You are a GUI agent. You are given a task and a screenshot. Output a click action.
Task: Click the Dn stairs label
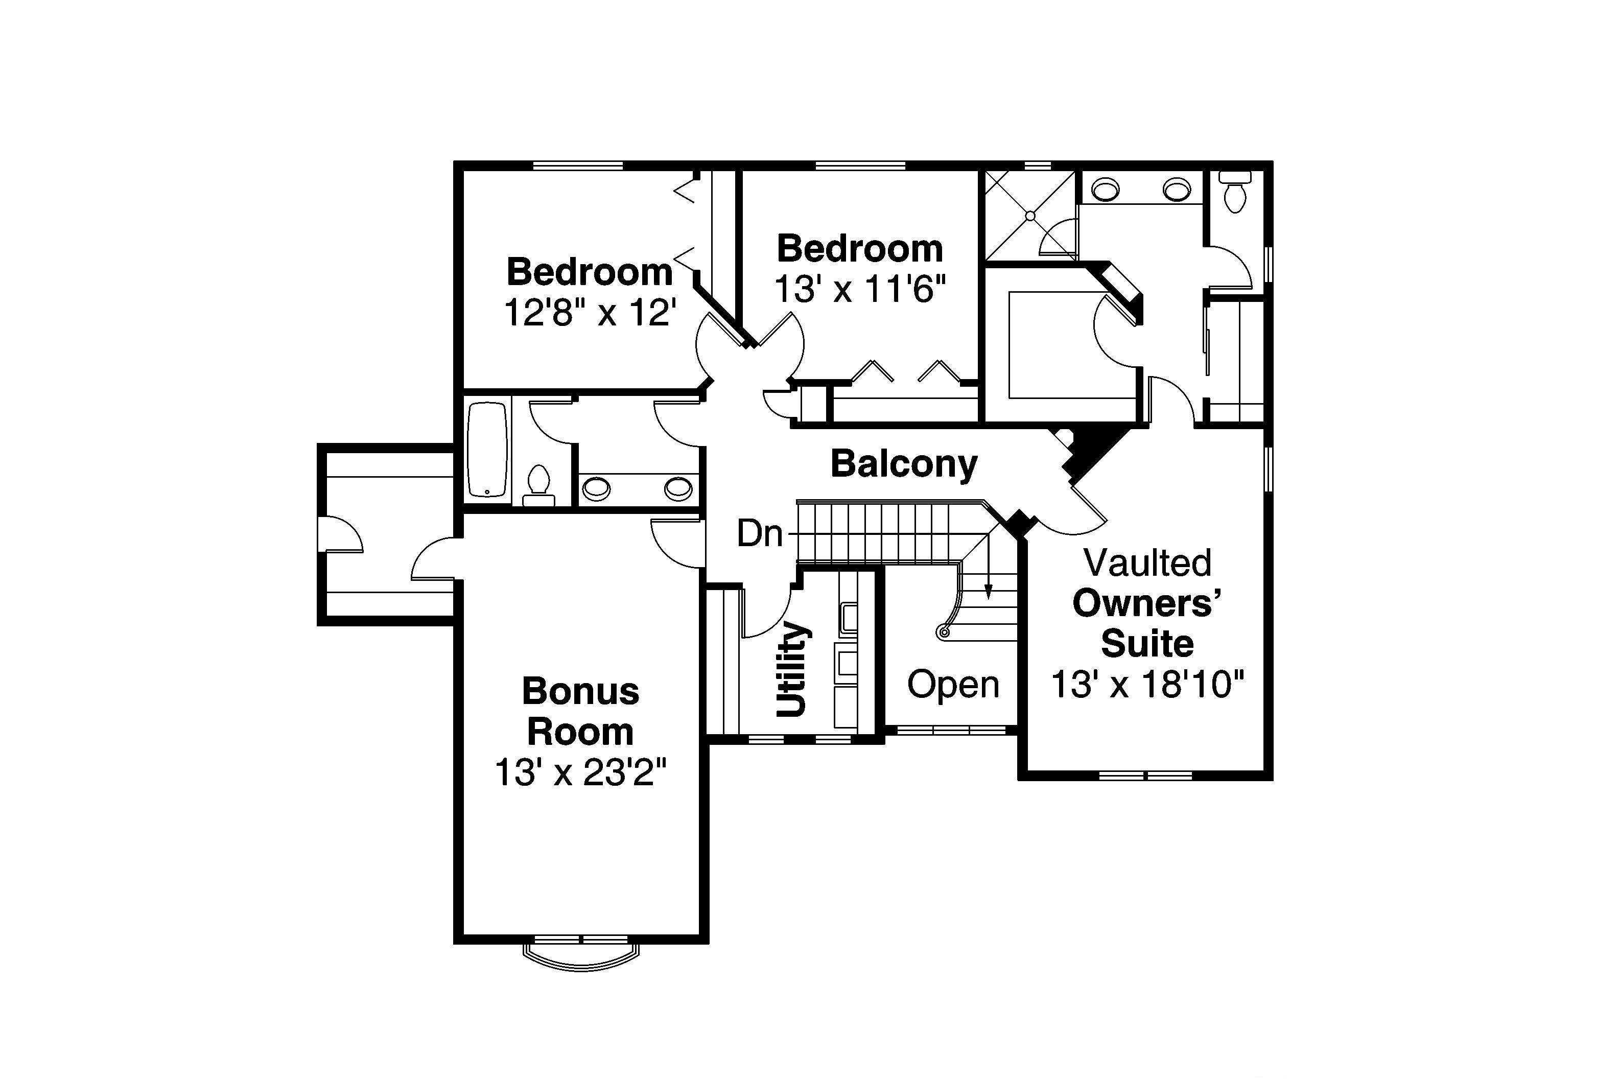pyautogui.click(x=760, y=533)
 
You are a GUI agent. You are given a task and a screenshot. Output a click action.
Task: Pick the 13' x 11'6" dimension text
pyautogui.click(x=860, y=290)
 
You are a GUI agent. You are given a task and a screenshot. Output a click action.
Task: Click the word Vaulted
pyautogui.click(x=1147, y=563)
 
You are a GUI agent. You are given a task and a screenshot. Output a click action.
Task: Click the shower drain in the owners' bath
pyautogui.click(x=1030, y=216)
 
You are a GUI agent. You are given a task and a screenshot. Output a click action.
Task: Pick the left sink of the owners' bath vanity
pyautogui.click(x=1106, y=189)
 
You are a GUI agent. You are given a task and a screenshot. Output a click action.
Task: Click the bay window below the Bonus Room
pyautogui.click(x=581, y=953)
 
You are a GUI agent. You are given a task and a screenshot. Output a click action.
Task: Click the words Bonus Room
pyautogui.click(x=581, y=712)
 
